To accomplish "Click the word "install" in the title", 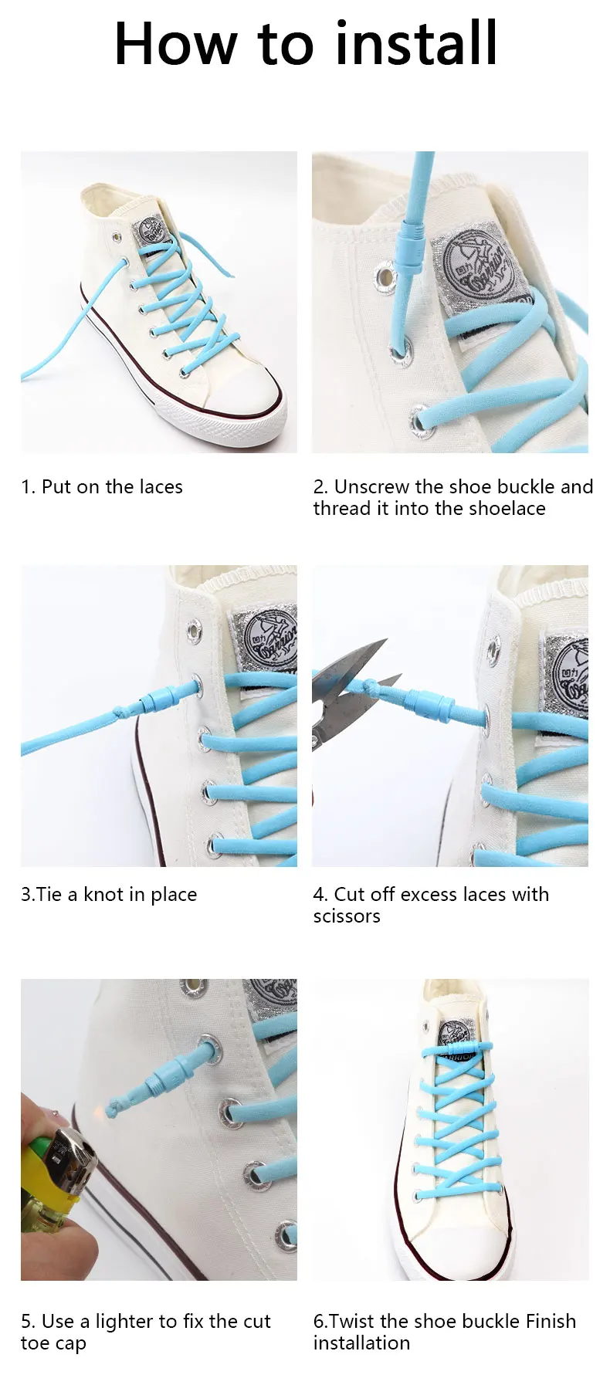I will tap(417, 44).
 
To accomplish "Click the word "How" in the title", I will tap(175, 44).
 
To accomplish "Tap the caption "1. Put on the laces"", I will tap(102, 487).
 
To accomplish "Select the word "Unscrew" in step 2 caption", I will tap(371, 487).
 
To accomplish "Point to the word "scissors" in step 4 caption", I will tap(347, 916).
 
